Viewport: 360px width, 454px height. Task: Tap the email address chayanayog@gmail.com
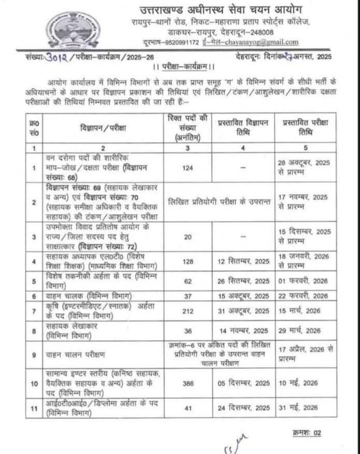[264, 42]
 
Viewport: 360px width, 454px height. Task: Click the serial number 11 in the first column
[34, 408]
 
